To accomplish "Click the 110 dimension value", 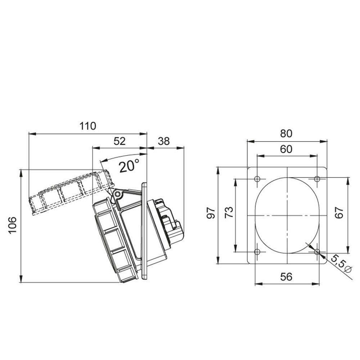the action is click(x=88, y=126).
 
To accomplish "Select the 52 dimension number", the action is click(x=120, y=141).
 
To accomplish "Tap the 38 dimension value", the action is click(x=164, y=141).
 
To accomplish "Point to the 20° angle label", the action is click(x=129, y=165).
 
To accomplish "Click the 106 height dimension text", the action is click(x=13, y=225).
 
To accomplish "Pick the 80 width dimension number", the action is click(x=286, y=134).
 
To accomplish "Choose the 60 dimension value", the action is click(x=286, y=149).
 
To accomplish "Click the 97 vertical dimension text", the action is click(x=211, y=213).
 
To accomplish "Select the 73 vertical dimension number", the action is click(x=229, y=213).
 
